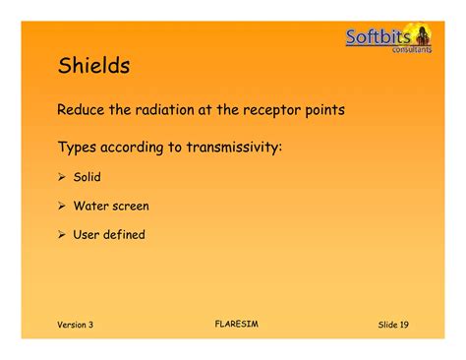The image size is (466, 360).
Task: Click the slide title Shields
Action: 94,67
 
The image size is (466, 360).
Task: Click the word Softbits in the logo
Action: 379,37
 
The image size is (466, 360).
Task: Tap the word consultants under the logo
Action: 411,49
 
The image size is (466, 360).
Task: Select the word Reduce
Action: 85,110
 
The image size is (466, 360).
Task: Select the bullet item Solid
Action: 87,178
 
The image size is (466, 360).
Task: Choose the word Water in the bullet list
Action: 91,207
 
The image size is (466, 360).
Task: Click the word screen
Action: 132,207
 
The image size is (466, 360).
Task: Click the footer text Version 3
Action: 75,325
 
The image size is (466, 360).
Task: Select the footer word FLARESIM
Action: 234,322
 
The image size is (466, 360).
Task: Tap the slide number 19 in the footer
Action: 403,325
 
